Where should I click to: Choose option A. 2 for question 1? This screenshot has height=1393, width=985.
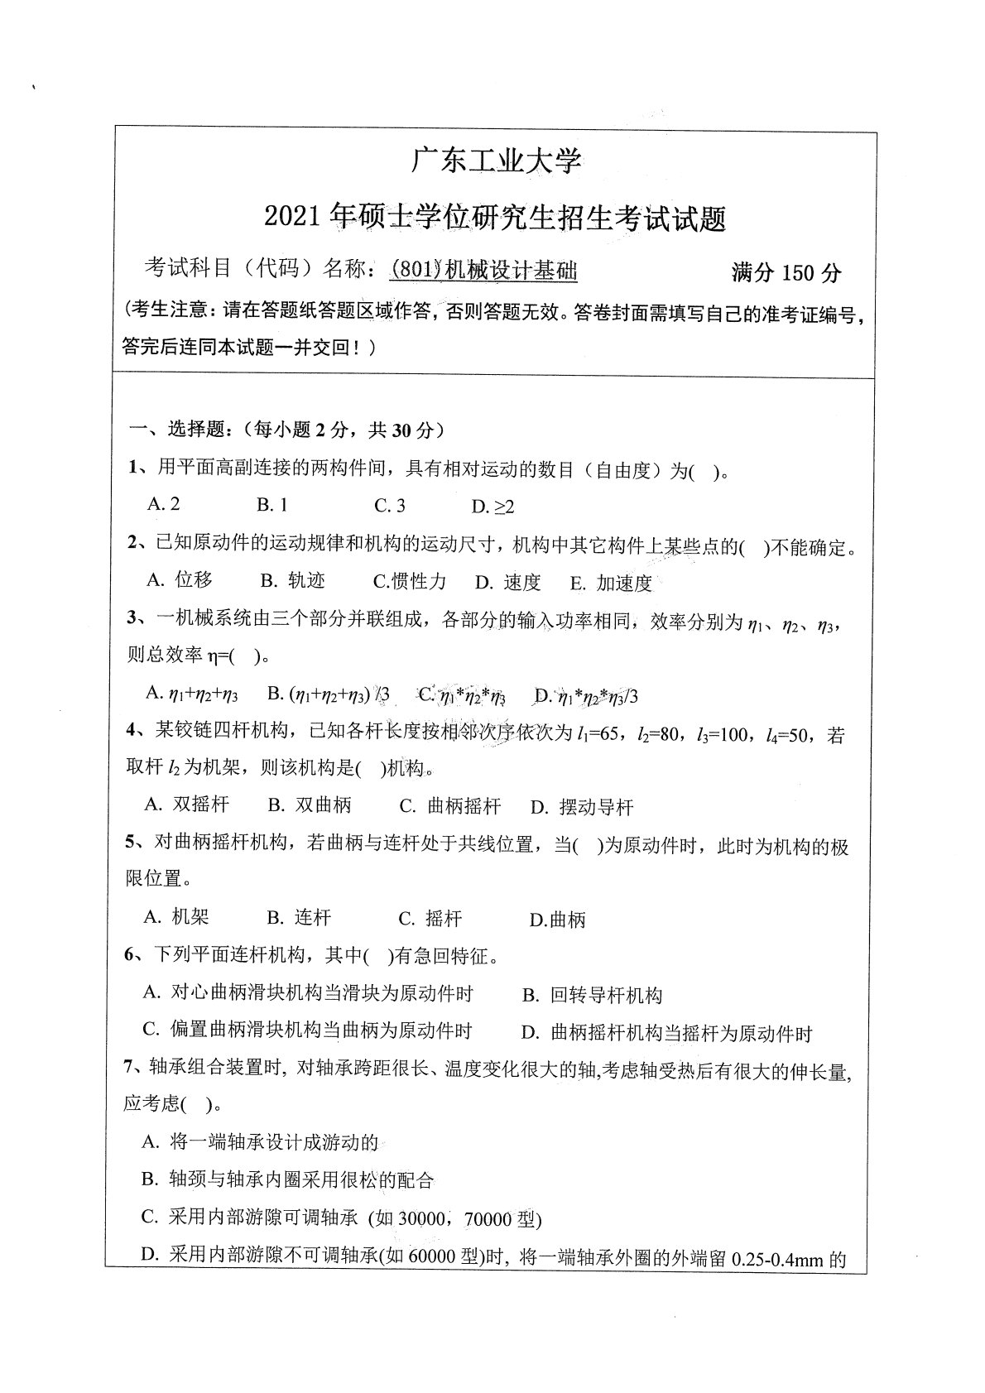click(163, 504)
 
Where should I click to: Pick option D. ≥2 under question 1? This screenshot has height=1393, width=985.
click(492, 507)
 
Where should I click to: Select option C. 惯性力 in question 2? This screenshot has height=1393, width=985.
click(410, 582)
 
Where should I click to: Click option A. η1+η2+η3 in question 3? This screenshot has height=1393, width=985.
click(191, 694)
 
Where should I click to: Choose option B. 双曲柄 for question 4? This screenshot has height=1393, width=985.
click(310, 805)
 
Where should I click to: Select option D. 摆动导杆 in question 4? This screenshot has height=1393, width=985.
click(582, 807)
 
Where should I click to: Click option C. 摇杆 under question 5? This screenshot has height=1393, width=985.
click(430, 918)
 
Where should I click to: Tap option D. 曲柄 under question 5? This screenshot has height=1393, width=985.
click(557, 920)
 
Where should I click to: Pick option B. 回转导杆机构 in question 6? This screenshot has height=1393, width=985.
click(593, 995)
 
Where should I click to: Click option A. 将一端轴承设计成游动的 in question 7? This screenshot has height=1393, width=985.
click(260, 1143)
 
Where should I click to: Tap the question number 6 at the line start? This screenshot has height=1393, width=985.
click(130, 956)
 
